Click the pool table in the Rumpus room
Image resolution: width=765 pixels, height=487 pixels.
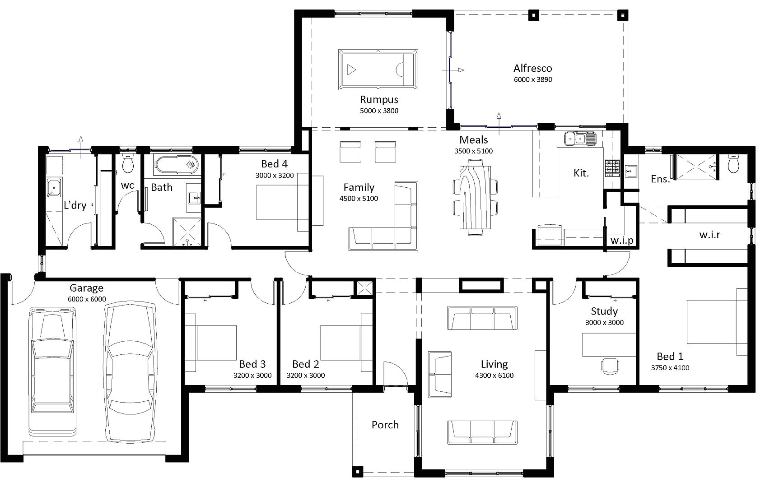tap(378, 70)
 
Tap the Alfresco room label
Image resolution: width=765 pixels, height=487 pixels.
tap(532, 69)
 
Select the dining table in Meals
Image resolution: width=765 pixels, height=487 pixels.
tap(474, 197)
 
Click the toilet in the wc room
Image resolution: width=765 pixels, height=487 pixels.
tap(128, 165)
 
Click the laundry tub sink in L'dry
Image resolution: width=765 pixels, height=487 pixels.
tap(54, 187)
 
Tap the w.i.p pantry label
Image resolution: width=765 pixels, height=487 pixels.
tap(622, 241)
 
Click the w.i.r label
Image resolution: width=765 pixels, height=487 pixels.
tap(709, 235)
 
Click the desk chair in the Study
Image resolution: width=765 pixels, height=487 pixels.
tap(610, 366)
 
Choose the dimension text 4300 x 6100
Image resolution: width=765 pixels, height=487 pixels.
tap(494, 376)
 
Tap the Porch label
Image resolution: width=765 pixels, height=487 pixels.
tap(385, 425)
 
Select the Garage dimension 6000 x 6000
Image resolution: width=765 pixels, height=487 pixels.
tap(87, 299)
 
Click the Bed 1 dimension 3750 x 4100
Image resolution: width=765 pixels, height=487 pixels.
tap(670, 368)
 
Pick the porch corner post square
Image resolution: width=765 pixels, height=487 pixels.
tap(358, 472)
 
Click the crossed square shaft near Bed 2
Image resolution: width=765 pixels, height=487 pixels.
tap(364, 288)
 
